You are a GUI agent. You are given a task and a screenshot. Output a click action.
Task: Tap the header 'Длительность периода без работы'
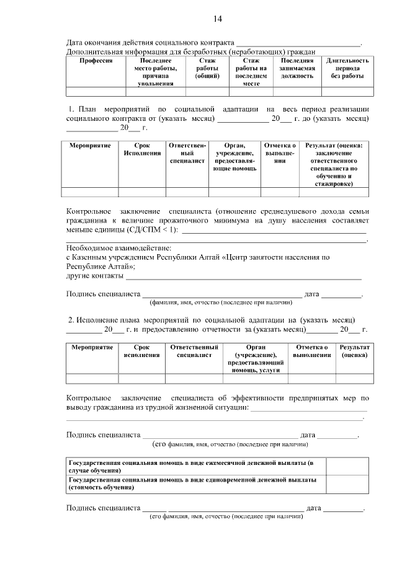(x=347, y=68)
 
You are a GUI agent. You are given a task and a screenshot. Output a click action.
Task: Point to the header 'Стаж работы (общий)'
(x=207, y=68)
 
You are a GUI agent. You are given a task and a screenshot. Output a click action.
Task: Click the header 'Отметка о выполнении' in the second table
(x=280, y=153)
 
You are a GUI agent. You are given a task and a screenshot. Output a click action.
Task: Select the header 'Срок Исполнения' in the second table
(x=142, y=149)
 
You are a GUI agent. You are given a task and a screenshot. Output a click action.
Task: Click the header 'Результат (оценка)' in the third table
(x=355, y=351)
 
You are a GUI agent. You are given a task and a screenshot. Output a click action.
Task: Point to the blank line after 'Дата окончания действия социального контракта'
(x=298, y=42)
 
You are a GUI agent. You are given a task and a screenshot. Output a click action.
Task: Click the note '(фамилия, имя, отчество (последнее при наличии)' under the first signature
(x=220, y=303)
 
